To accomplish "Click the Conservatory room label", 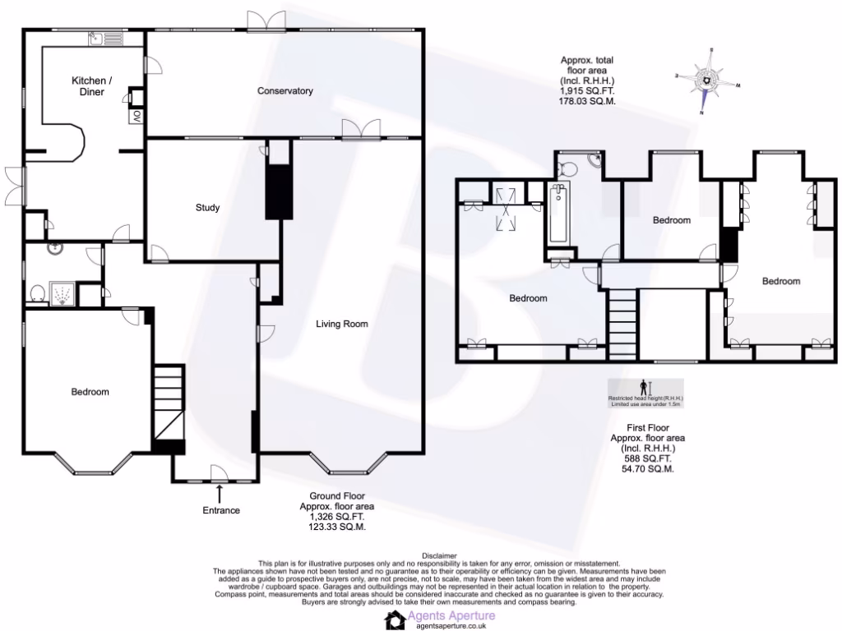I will click(x=285, y=90).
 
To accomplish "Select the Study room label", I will click(x=207, y=208).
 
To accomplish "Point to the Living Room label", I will click(x=342, y=324).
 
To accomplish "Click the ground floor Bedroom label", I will click(x=89, y=392).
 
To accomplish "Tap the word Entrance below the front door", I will click(x=221, y=510).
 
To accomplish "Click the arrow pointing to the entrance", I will click(x=220, y=493).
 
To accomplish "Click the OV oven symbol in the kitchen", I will click(x=136, y=116).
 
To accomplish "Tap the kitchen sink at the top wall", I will click(x=107, y=37).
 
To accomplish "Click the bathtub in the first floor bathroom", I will click(x=558, y=214).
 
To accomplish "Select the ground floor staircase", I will click(x=168, y=403).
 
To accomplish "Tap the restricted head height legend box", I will click(x=645, y=392).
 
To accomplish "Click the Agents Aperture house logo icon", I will click(x=396, y=619).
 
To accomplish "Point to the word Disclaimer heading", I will click(x=439, y=556).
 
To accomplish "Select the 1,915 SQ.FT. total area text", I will click(x=587, y=91).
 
